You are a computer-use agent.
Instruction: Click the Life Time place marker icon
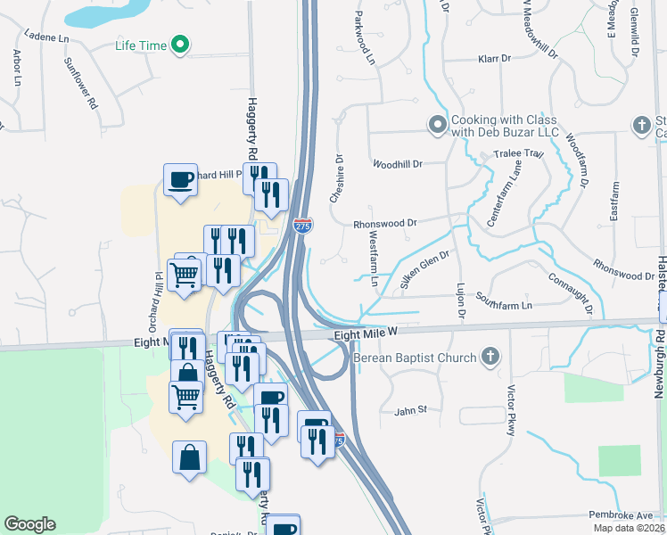pos(181,44)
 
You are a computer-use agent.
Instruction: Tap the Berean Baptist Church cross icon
pos(490,357)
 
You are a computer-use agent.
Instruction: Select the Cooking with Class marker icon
pos(437,126)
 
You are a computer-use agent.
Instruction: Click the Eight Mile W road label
pos(365,333)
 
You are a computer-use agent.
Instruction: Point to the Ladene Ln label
pos(46,38)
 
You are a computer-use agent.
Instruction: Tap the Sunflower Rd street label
pos(80,83)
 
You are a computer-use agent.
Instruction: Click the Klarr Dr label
pos(493,59)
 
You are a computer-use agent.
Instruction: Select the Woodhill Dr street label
pos(398,164)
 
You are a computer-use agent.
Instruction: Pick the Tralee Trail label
pos(518,153)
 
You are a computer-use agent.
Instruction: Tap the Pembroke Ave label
pos(621,515)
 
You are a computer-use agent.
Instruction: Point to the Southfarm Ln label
pos(503,300)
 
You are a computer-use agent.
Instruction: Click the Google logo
pos(29,524)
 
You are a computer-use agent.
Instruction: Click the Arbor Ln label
pos(17,67)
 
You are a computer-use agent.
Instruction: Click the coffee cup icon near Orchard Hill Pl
pos(180,180)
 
